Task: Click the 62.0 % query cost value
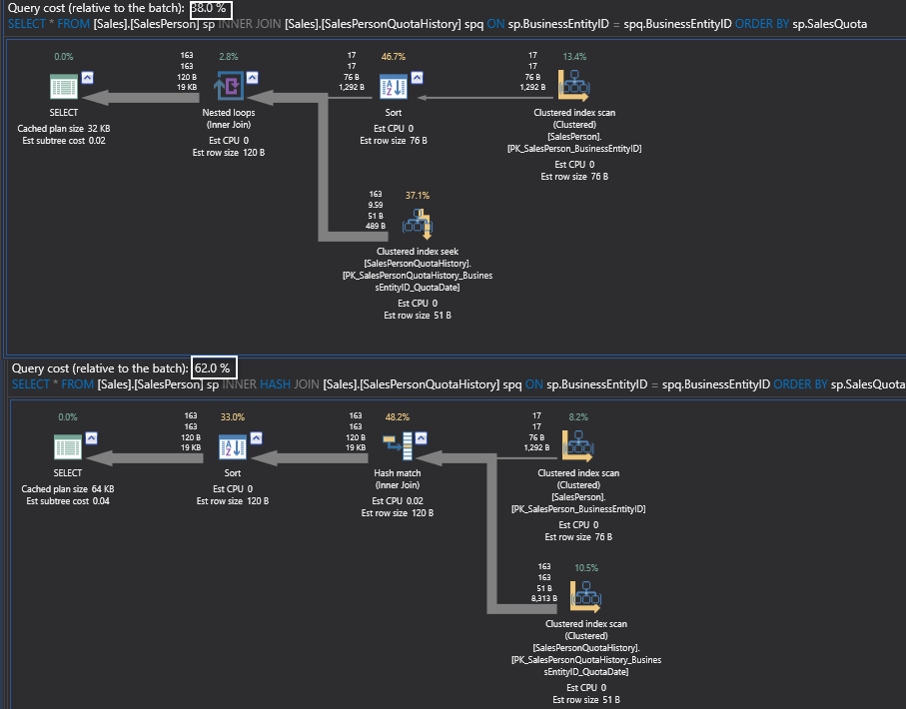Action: pos(212,367)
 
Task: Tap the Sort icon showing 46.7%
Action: pos(393,87)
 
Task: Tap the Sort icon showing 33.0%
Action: pos(232,445)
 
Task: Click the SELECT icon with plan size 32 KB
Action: pos(63,87)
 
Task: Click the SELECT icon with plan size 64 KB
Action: pos(67,445)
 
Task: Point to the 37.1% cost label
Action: pos(417,196)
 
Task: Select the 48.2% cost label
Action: pos(399,415)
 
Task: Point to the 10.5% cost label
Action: pos(585,567)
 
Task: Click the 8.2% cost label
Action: pos(578,415)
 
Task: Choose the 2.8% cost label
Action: pos(228,57)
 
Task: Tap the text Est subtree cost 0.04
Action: pos(68,500)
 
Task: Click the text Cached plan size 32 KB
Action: pos(64,129)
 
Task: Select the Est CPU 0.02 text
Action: pos(398,500)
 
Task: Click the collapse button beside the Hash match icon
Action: pos(422,436)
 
